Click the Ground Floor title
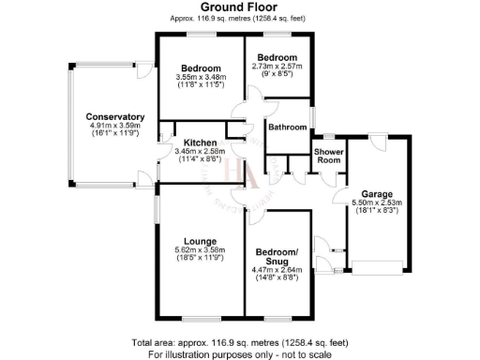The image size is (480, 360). (239, 7)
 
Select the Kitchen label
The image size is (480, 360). (200, 142)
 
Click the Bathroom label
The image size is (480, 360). (287, 127)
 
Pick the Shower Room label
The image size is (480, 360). (327, 155)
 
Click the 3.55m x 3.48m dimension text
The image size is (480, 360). (201, 78)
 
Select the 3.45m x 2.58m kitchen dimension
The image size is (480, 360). (200, 151)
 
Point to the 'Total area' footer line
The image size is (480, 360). (239, 344)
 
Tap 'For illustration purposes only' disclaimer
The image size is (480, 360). (239, 354)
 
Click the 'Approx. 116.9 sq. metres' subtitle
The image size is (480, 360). (239, 18)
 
